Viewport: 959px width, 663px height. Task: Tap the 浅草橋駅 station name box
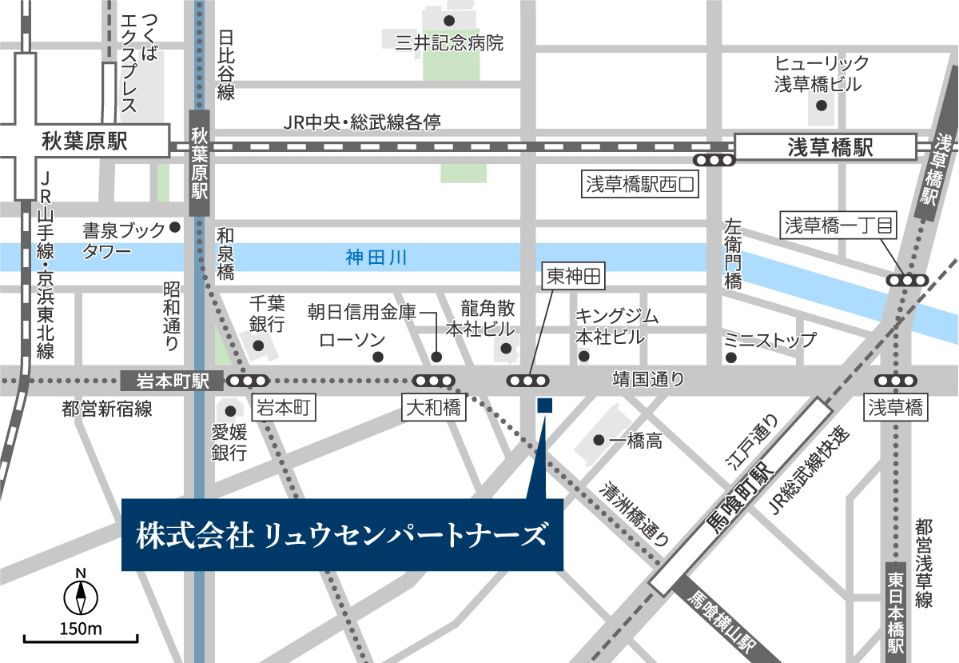pyautogui.click(x=825, y=147)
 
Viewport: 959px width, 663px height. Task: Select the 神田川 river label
pyautogui.click(x=376, y=258)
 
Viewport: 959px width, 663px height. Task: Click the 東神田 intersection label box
pyautogui.click(x=571, y=278)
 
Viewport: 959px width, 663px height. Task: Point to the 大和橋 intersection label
pyautogui.click(x=433, y=409)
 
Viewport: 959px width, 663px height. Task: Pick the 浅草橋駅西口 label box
pyautogui.click(x=642, y=186)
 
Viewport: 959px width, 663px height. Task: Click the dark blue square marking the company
pyautogui.click(x=544, y=406)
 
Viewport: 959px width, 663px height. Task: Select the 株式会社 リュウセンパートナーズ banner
pyautogui.click(x=342, y=534)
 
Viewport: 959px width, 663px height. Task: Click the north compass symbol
pyautogui.click(x=81, y=596)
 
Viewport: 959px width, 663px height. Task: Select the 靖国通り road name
pyautogui.click(x=648, y=381)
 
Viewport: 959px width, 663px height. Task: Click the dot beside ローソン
pyautogui.click(x=379, y=357)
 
